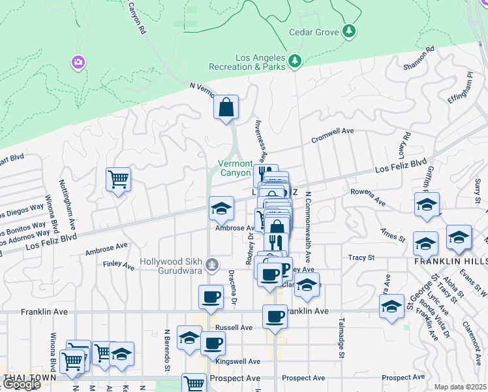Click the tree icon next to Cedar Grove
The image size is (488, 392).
click(349, 31)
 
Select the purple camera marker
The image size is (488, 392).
click(78, 62)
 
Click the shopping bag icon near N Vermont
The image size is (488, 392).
click(225, 108)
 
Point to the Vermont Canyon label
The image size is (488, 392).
click(234, 168)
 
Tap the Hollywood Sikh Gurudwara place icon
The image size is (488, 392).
click(211, 265)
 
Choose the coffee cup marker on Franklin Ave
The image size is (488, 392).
click(275, 317)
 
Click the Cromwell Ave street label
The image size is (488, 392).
click(332, 135)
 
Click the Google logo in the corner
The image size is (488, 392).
click(21, 384)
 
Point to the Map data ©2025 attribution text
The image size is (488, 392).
click(460, 387)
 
